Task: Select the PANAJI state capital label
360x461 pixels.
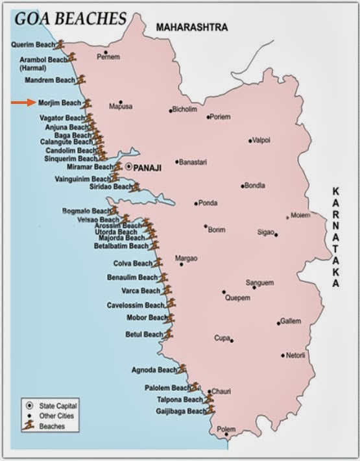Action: click(147, 167)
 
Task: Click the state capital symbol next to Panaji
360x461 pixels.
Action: click(128, 167)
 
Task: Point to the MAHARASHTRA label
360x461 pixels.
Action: click(192, 28)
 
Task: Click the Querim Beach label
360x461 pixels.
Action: click(32, 45)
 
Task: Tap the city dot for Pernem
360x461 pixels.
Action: click(105, 52)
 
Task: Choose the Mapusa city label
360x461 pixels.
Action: click(121, 106)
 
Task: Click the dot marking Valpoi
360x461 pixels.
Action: click(250, 140)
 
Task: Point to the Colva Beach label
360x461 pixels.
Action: click(133, 264)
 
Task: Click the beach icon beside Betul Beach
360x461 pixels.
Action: click(168, 334)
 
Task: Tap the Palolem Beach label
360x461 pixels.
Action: click(165, 388)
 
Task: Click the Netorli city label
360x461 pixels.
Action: click(296, 355)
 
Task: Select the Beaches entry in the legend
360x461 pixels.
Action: click(51, 427)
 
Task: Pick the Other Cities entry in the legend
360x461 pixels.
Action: click(56, 416)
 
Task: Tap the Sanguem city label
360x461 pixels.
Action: click(259, 282)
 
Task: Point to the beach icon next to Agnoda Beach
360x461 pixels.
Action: click(182, 369)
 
